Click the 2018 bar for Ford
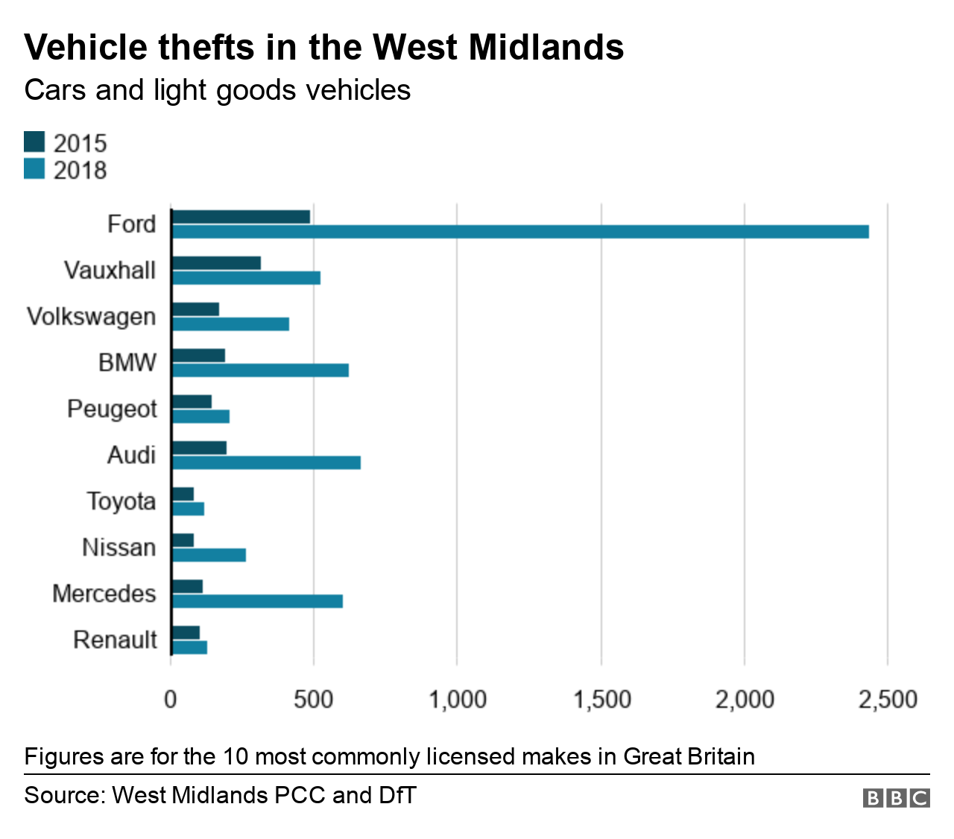(x=520, y=232)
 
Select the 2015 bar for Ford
(x=241, y=217)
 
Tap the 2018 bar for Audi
(x=266, y=463)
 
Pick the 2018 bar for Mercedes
(x=257, y=601)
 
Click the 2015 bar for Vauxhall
(x=216, y=263)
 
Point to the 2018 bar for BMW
(x=260, y=370)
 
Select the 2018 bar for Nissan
(x=209, y=555)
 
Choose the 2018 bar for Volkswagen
(x=230, y=324)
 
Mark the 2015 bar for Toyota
(x=183, y=494)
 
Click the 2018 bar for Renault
(x=189, y=648)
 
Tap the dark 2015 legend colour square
(x=34, y=142)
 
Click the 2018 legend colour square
(x=34, y=169)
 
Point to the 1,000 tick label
(x=457, y=700)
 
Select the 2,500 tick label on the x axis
(x=887, y=700)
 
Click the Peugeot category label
(x=112, y=409)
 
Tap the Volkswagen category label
(x=91, y=317)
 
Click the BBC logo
(x=896, y=798)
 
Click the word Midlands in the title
(x=546, y=47)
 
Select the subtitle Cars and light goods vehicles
(x=217, y=90)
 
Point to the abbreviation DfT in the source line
(x=397, y=795)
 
